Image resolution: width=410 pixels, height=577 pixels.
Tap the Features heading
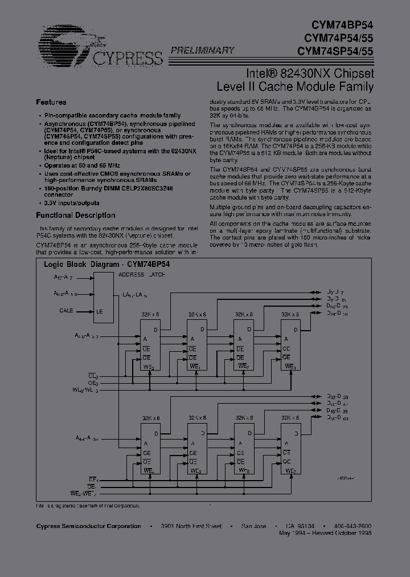51,102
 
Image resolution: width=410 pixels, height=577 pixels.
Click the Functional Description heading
76,216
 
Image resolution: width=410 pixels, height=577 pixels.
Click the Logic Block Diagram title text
107,265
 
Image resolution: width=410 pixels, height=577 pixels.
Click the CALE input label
67,311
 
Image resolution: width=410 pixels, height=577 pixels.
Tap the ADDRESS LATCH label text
142,275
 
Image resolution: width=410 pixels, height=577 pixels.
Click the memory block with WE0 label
150,345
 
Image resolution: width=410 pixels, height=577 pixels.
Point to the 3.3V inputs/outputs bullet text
72,203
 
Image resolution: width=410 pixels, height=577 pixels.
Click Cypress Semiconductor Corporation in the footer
88,526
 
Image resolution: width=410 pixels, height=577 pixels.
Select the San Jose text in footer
253,526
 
